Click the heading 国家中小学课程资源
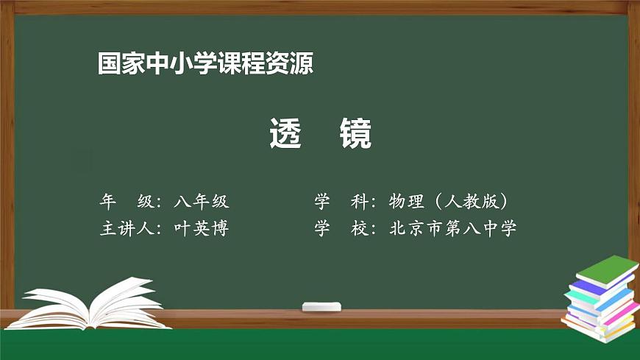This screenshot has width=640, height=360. point(206,64)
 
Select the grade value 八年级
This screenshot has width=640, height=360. point(202,202)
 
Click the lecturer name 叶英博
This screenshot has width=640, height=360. point(202,228)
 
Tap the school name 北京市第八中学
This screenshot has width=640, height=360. point(452,228)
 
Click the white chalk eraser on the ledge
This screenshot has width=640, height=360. point(321,306)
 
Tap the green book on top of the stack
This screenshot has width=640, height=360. point(605,271)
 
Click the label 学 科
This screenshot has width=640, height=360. point(341,202)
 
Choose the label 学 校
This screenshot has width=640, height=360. point(341,228)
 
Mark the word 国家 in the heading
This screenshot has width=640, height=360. point(119,64)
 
